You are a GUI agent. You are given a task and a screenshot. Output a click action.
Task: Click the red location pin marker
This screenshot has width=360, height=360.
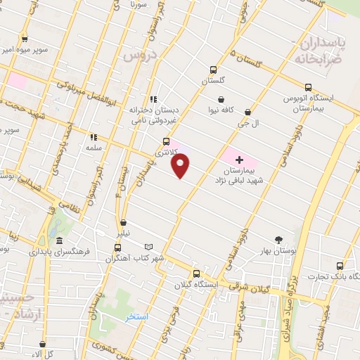pyautogui.click(x=181, y=165)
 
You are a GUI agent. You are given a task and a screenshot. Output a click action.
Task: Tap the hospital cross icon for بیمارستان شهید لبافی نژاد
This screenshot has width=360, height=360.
pyautogui.click(x=239, y=160)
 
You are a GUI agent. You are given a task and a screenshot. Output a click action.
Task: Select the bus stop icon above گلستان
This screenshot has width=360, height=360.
pyautogui.click(x=213, y=70)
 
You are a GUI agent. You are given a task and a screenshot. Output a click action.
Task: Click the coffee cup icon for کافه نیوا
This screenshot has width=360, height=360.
pyautogui.click(x=221, y=99)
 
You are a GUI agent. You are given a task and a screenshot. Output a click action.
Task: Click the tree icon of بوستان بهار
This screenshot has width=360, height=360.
pyautogui.click(x=279, y=239)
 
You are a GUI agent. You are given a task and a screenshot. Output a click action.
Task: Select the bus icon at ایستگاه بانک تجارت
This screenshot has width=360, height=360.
pyautogui.click(x=340, y=266)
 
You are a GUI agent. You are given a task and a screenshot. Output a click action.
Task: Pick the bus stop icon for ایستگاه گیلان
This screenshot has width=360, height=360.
pyautogui.click(x=196, y=274)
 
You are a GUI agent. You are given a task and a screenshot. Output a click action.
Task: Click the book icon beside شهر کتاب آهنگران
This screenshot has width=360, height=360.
pyautogui.click(x=148, y=246)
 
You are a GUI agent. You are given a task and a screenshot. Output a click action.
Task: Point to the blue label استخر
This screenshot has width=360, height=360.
pyautogui.click(x=137, y=317)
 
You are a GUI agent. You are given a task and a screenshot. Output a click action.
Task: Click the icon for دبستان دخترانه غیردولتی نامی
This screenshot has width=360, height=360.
pyautogui.click(x=153, y=99)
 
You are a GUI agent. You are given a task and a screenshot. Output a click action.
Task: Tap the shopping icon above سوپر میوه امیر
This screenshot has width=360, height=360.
pyautogui.click(x=25, y=39)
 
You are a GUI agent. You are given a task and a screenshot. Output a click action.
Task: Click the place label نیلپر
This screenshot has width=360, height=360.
pyautogui.click(x=123, y=232)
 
